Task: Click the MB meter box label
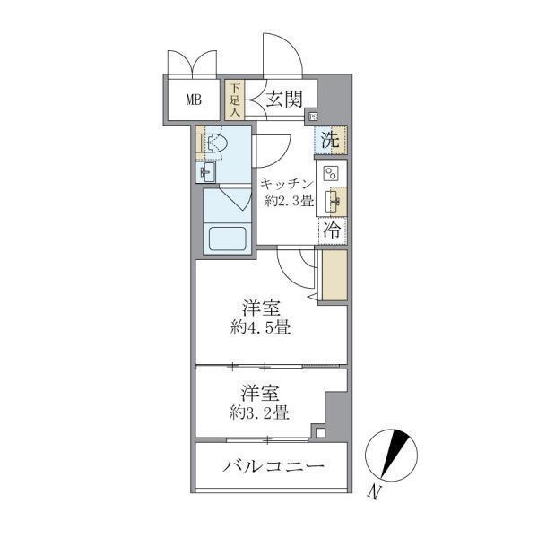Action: tap(194, 100)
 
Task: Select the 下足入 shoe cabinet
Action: tap(234, 100)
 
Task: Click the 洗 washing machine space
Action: tap(331, 140)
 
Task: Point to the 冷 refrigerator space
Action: tap(331, 229)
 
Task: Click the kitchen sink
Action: tap(331, 200)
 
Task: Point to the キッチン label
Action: tap(286, 183)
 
